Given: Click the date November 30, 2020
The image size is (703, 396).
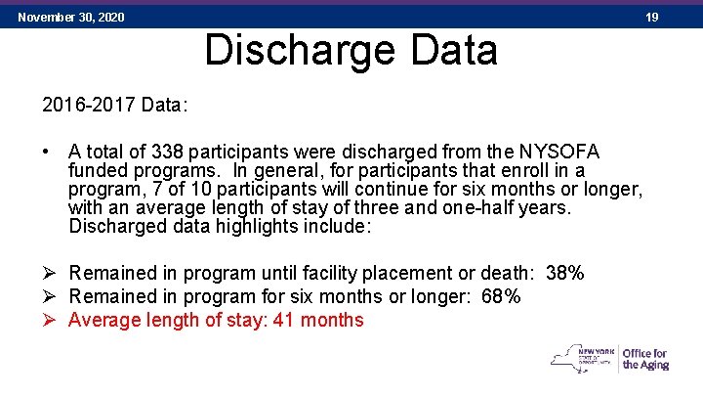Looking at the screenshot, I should coord(71,18).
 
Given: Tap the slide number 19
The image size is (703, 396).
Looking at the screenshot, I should coord(652,18).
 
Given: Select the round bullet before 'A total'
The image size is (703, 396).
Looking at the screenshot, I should coord(48,153).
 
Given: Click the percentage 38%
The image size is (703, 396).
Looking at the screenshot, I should coord(565,274).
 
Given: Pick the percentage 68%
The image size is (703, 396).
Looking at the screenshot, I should coord(501,296).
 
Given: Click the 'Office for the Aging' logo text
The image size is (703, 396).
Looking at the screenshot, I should coord(645,360).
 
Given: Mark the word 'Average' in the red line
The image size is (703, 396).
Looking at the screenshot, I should coord(104,320).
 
